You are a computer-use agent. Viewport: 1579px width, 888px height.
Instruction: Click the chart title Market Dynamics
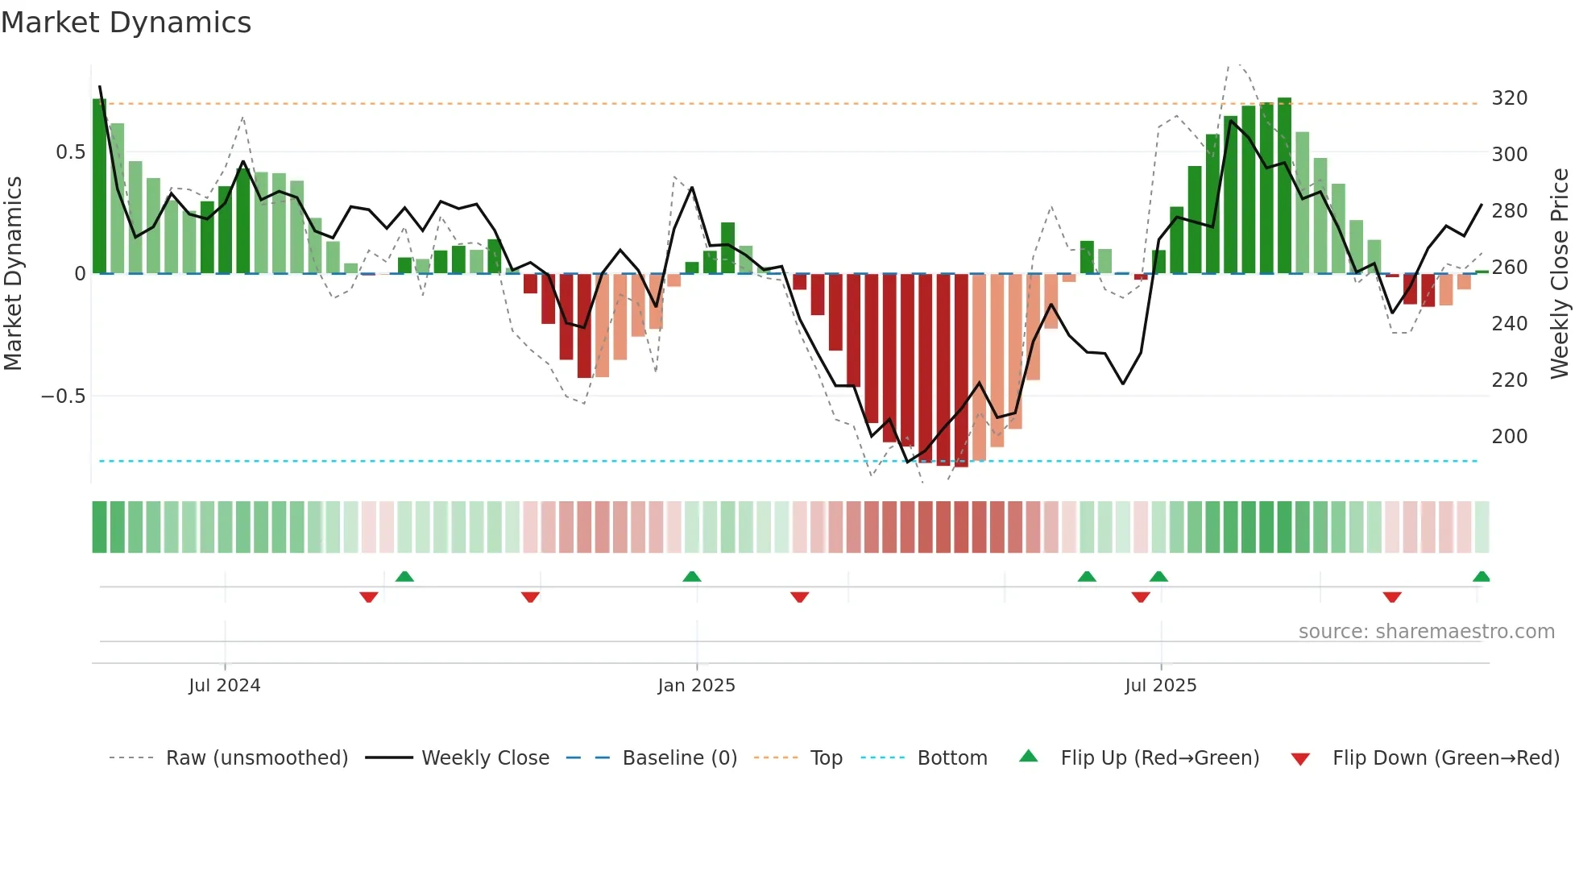click(x=126, y=23)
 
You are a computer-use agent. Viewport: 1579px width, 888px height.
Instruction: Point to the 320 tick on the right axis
click(x=1509, y=98)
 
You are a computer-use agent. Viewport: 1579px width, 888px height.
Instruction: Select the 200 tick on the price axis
click(x=1509, y=437)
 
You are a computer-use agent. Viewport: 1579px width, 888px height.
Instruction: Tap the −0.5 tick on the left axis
click(x=64, y=396)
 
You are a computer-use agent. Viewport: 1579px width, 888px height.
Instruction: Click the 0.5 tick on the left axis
click(x=70, y=152)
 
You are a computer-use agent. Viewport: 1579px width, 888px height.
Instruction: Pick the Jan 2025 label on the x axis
click(x=696, y=686)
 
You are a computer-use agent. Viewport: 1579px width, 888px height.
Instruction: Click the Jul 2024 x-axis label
click(x=224, y=686)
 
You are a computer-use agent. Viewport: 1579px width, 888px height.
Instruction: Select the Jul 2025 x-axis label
click(x=1160, y=686)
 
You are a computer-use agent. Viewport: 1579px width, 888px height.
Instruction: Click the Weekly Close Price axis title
click(x=1560, y=274)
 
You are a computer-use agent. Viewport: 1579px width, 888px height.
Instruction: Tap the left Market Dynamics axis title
click(x=13, y=274)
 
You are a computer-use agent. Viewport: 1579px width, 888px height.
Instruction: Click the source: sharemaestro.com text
click(x=1426, y=632)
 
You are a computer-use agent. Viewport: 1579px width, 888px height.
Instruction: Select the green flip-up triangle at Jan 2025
click(x=691, y=577)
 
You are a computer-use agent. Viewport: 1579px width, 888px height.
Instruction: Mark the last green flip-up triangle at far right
click(x=1481, y=577)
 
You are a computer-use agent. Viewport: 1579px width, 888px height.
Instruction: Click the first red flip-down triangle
click(x=369, y=597)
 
